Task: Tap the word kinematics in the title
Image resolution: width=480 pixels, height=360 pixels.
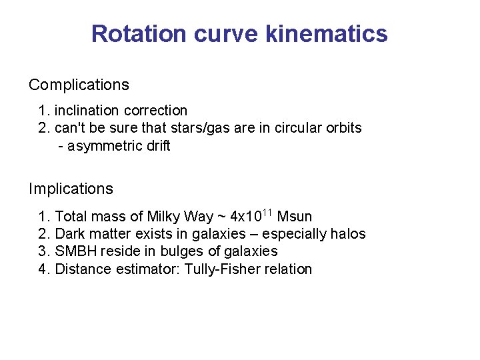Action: [x=326, y=33]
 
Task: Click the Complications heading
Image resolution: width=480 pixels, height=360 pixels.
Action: [x=79, y=85]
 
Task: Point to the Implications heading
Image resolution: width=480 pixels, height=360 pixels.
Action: [x=71, y=189]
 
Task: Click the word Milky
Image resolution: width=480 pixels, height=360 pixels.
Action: [x=164, y=217]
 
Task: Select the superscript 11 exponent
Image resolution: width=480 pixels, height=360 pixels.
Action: [x=266, y=213]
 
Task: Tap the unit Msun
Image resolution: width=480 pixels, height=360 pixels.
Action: [x=294, y=217]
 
